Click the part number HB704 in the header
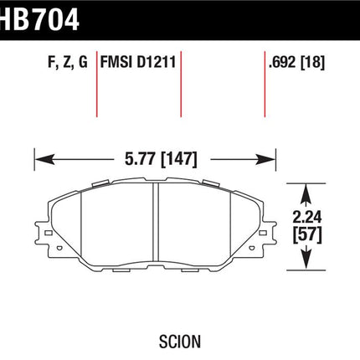pyautogui.click(x=39, y=19)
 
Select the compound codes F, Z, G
pyautogui.click(x=68, y=62)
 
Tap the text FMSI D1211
pyautogui.click(x=138, y=62)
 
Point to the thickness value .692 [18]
pyautogui.click(x=296, y=62)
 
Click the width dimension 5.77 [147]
pyautogui.click(x=161, y=159)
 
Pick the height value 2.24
pyautogui.click(x=307, y=217)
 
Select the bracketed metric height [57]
pyautogui.click(x=307, y=234)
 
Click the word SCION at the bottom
pyautogui.click(x=180, y=342)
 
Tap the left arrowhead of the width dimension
pyautogui.click(x=44, y=159)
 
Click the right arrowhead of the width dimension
pyautogui.click(x=265, y=159)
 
